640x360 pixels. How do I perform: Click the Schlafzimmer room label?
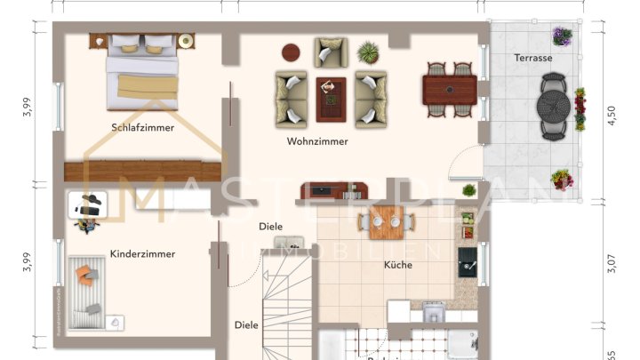143,127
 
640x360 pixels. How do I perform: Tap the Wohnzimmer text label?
317,141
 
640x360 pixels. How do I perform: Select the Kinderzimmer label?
142,254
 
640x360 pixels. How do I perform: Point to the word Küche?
397,265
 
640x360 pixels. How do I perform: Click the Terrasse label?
533,58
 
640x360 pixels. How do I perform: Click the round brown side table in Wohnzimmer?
291,52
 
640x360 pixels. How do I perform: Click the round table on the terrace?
554,107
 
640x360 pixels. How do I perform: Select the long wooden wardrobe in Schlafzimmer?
142,171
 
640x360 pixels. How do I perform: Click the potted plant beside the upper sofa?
367,52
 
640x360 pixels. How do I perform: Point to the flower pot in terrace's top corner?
562,36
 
